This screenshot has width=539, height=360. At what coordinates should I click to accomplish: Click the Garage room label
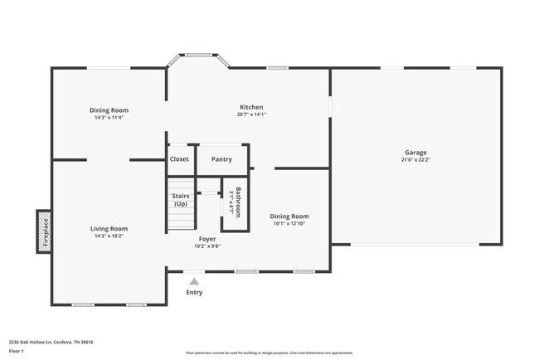pyautogui.click(x=415, y=153)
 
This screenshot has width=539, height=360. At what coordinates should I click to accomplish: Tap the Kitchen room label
pyautogui.click(x=251, y=107)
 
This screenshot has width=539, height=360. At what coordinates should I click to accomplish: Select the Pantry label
pyautogui.click(x=221, y=159)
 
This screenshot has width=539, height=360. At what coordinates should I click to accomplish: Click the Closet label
pyautogui.click(x=179, y=159)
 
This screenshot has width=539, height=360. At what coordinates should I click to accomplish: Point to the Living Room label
pyautogui.click(x=109, y=228)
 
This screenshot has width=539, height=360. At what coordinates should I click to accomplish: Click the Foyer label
pyautogui.click(x=206, y=239)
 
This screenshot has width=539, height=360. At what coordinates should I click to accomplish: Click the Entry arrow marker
pyautogui.click(x=194, y=282)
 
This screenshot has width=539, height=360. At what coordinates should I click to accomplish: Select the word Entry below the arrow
pyautogui.click(x=194, y=292)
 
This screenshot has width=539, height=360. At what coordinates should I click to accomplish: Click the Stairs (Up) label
pyautogui.click(x=180, y=200)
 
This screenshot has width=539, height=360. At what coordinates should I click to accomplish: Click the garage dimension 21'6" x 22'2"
pyautogui.click(x=415, y=160)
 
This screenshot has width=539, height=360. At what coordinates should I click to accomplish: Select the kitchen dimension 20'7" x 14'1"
pyautogui.click(x=251, y=114)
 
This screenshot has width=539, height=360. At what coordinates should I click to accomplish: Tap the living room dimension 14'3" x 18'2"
pyautogui.click(x=109, y=236)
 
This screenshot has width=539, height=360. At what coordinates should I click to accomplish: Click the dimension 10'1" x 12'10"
pyautogui.click(x=289, y=223)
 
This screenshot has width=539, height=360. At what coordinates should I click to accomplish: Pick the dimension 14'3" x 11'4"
pyautogui.click(x=109, y=117)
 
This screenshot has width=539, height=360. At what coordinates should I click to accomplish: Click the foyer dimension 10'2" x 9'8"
pyautogui.click(x=206, y=246)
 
